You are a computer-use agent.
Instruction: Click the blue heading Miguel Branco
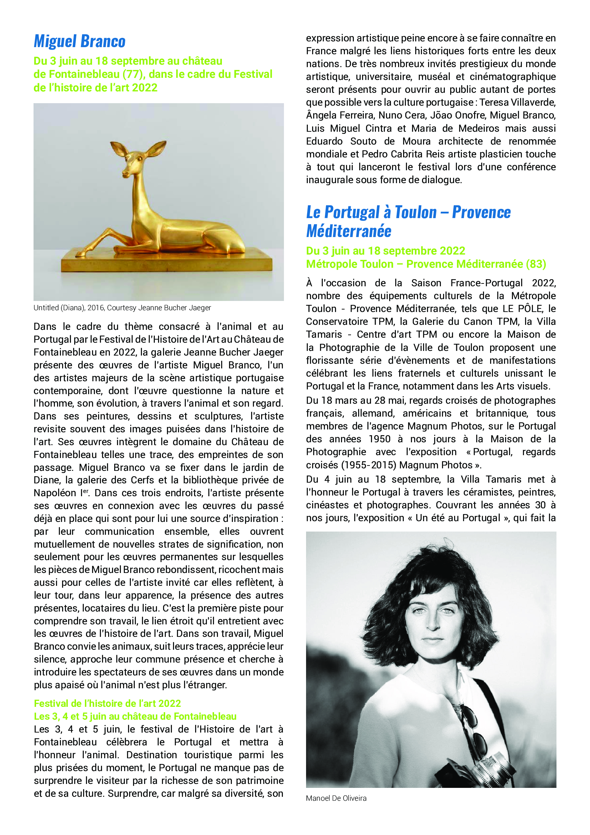tap(80, 41)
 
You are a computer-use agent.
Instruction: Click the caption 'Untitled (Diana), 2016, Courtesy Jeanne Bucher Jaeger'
tap(122, 308)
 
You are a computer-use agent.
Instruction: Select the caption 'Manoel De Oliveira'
tap(336, 798)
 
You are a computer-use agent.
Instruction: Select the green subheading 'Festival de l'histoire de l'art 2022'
tap(107, 703)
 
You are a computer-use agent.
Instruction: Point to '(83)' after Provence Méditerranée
tap(536, 264)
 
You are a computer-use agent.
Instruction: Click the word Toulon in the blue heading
tap(415, 212)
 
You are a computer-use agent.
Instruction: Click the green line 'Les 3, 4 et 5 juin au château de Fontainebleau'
tap(135, 716)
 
